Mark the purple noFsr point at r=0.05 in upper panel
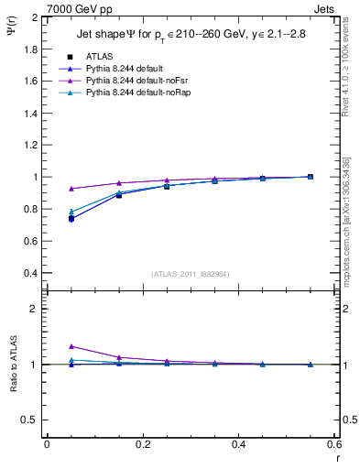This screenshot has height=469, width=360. coord(71,189)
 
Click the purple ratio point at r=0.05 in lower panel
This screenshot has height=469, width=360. coord(71,346)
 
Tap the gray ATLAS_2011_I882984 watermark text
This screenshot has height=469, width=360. coord(191,274)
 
